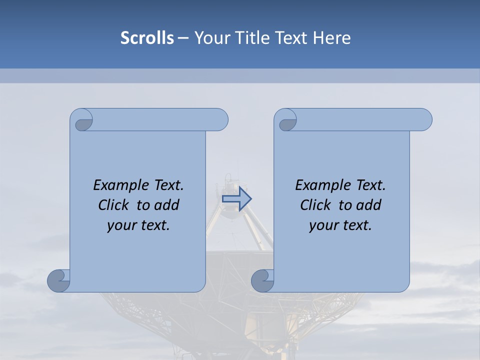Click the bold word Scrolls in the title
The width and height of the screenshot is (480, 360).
147,38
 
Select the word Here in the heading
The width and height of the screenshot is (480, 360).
332,38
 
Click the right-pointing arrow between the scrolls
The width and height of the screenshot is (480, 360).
236,199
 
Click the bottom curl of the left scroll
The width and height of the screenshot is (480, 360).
59,280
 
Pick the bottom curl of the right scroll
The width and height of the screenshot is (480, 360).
263,280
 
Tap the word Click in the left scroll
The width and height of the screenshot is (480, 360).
113,205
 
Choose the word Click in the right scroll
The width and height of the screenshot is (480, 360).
315,205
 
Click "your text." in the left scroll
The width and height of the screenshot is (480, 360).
138,225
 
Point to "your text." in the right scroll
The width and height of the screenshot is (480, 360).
340,225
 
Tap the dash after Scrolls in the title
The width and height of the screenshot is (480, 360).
183,38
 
